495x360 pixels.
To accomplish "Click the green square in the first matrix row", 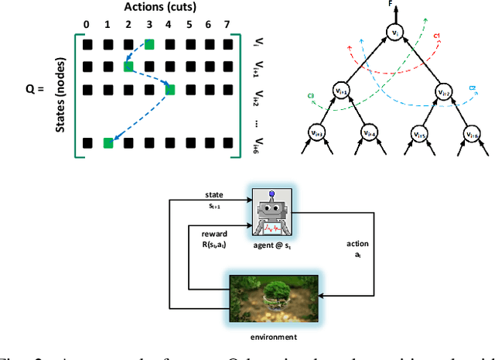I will [x=149, y=44].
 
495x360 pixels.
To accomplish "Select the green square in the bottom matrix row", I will [x=108, y=142].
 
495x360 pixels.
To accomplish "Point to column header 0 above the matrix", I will [x=88, y=25].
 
